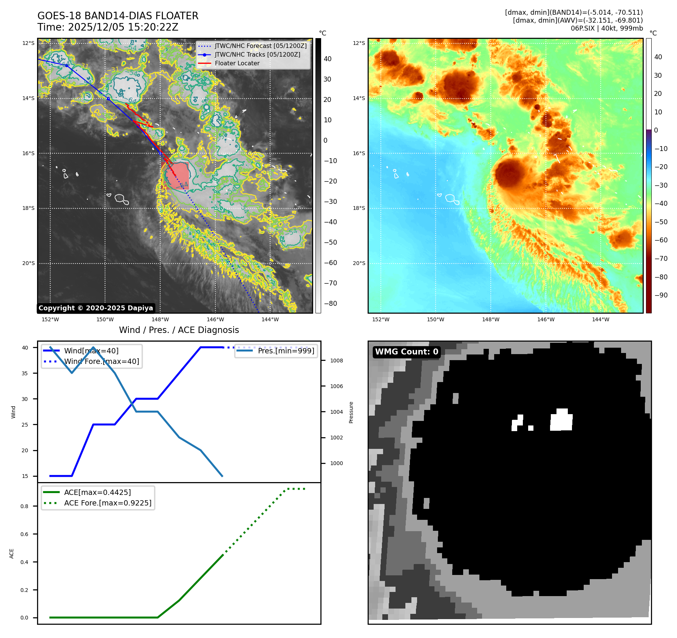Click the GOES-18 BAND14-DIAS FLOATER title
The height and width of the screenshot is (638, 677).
click(117, 16)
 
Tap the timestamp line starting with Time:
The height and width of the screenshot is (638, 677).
click(108, 27)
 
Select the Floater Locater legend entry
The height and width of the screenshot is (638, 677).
click(237, 63)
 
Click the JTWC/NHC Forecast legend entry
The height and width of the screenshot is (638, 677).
click(260, 46)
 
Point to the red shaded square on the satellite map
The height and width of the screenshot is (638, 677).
click(176, 176)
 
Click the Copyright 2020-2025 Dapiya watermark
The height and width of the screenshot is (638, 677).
click(96, 308)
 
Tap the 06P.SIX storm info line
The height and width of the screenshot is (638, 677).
click(606, 28)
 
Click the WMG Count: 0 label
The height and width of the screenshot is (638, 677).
click(407, 352)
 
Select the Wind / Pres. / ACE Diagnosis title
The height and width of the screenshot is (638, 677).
click(179, 330)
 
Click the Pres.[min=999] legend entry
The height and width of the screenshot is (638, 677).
click(286, 351)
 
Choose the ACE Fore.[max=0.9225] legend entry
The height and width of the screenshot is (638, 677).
click(108, 503)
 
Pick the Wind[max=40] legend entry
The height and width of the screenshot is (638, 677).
click(91, 351)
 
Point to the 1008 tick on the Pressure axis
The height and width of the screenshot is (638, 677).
click(336, 361)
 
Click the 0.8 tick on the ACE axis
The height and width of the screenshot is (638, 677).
click(24, 506)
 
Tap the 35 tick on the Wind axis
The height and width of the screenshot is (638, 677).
click(25, 373)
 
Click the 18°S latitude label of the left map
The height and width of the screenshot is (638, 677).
click(28, 208)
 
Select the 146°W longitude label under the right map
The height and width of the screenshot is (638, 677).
click(546, 319)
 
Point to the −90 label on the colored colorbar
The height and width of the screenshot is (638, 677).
click(661, 295)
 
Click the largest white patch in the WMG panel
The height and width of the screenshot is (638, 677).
click(561, 421)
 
